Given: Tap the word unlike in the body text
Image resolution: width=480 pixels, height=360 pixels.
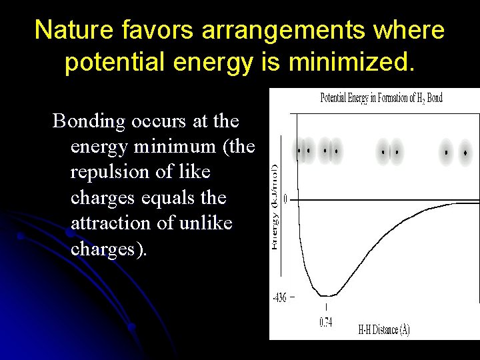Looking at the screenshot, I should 206,223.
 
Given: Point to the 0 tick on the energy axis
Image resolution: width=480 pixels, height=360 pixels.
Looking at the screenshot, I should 285,199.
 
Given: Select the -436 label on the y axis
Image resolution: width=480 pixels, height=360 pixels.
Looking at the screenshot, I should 279,298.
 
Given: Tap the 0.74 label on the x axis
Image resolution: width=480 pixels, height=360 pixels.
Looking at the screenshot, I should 325,322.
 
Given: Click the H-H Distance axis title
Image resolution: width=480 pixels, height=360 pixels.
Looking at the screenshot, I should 384,329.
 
